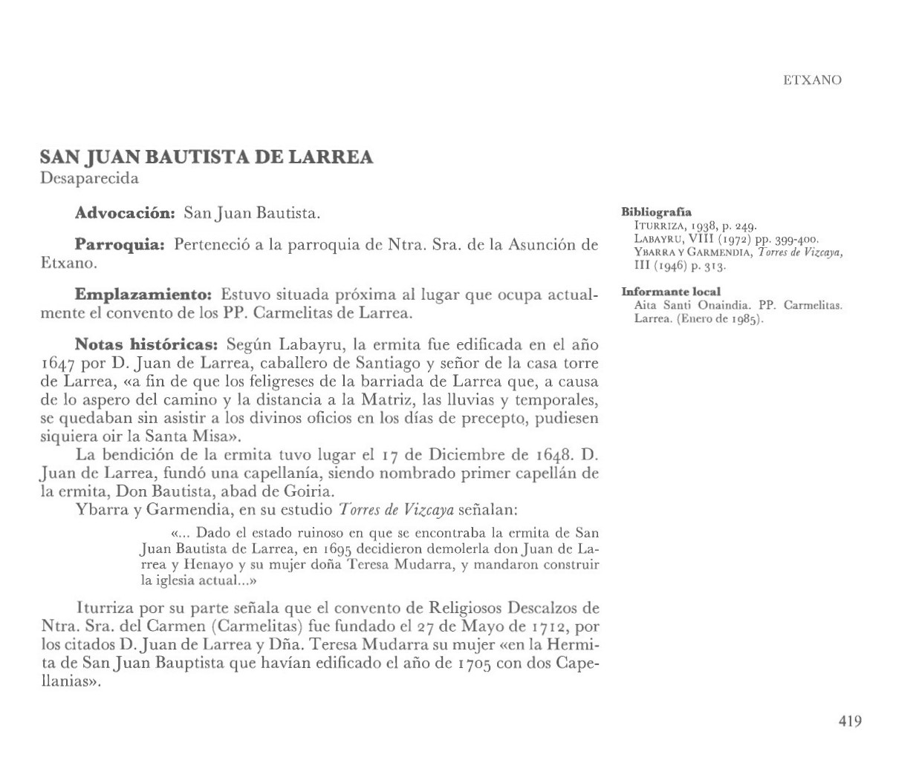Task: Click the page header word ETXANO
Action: pos(812,80)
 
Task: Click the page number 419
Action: pos(850,721)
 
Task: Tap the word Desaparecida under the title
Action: pos(89,178)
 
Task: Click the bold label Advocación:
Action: pos(125,215)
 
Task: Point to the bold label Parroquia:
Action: pos(119,245)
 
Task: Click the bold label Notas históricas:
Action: pos(146,345)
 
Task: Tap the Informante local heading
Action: pos(671,292)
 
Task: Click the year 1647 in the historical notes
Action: pos(58,364)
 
